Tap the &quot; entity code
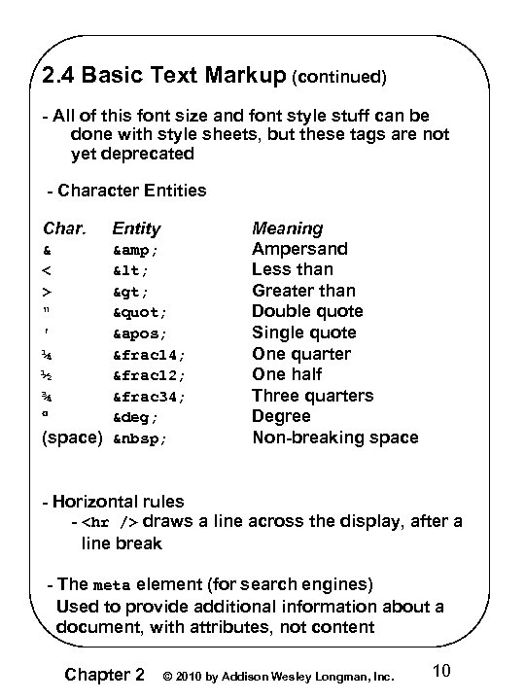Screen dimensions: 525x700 pos(140,312)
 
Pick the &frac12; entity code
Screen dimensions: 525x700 pos(147,375)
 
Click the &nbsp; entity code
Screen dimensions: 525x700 pos(140,438)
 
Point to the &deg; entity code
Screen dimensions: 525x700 pos(137,417)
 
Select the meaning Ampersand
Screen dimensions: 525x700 pos(299,248)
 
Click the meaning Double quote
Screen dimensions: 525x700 pos(307,311)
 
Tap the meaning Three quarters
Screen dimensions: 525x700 pos(312,396)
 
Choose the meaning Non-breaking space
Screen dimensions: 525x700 pos(335,437)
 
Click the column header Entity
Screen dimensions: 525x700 pos(136,228)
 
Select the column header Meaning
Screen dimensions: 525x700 pos(287,228)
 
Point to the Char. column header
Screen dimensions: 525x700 pos(65,228)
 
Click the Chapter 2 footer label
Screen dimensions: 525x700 pos(104,674)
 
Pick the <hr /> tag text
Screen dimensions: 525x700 pos(109,522)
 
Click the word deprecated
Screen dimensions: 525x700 pos(132,154)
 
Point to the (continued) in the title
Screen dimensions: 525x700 pos(339,75)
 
